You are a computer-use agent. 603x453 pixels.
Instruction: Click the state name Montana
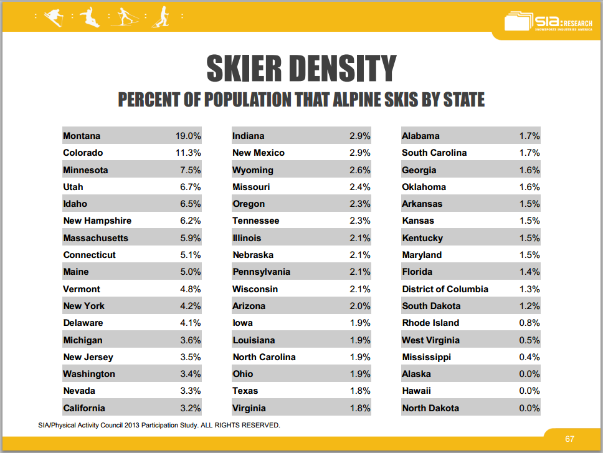click(x=82, y=136)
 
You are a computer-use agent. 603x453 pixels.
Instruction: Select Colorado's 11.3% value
click(x=188, y=153)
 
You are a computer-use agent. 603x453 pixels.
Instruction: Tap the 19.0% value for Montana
click(x=188, y=136)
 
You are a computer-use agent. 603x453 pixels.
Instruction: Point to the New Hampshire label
click(x=97, y=221)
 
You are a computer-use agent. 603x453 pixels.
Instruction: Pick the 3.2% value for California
click(x=190, y=408)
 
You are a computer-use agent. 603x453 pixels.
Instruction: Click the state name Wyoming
click(x=252, y=170)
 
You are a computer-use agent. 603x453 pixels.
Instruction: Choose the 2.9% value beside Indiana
click(x=360, y=136)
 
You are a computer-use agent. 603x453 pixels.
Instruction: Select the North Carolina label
click(x=264, y=357)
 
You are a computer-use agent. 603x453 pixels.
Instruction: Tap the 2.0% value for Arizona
click(x=360, y=306)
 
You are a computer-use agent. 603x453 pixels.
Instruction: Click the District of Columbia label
click(x=445, y=289)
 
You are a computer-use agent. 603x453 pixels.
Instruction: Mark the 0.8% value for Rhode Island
click(x=529, y=323)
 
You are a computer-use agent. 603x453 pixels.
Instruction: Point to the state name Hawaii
click(x=416, y=391)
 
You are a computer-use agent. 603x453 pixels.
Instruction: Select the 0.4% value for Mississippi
click(x=529, y=357)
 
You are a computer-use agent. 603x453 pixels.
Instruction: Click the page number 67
click(x=569, y=439)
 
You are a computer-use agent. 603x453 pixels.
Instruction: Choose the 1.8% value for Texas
click(x=360, y=391)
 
